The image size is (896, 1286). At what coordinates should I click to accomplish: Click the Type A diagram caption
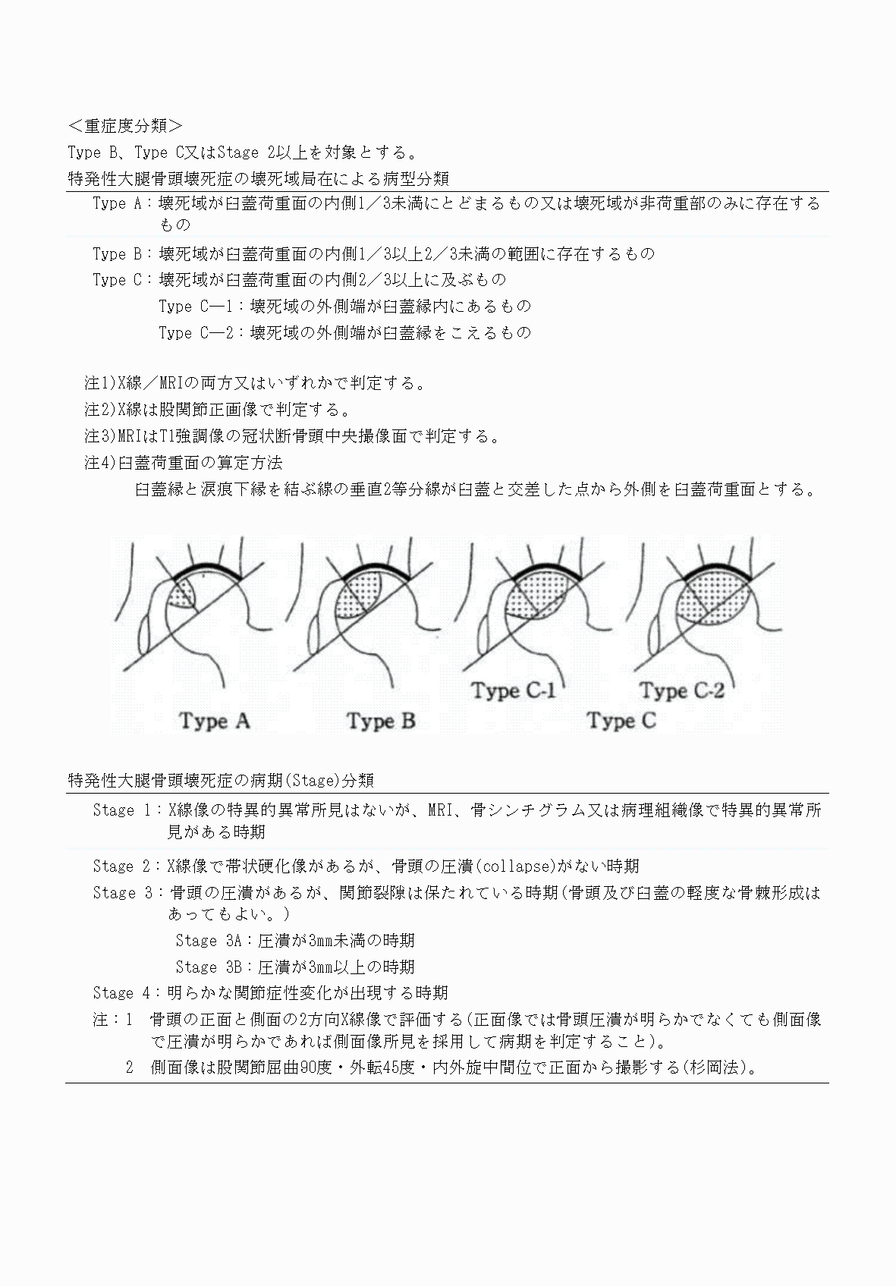click(215, 721)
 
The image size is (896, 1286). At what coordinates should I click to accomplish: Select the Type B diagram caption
click(382, 721)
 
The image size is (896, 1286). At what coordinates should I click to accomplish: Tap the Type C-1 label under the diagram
click(514, 691)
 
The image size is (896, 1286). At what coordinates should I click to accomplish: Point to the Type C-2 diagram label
click(682, 691)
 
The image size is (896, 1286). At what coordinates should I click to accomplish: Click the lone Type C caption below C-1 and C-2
click(621, 721)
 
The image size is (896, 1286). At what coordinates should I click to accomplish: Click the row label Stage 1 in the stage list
click(124, 810)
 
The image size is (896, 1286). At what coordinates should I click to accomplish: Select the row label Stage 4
click(124, 992)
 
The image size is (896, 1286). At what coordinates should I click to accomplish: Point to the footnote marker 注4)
click(99, 462)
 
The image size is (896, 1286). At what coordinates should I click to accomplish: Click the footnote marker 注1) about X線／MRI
click(99, 383)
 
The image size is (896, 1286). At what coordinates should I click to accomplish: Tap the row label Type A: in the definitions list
click(121, 203)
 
